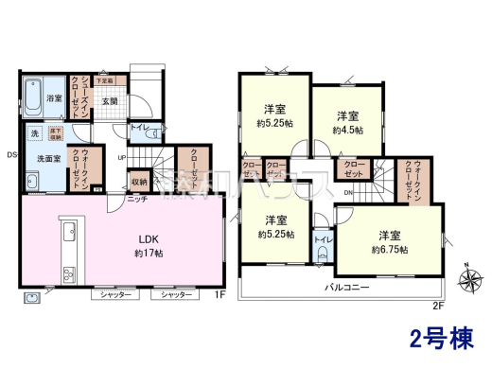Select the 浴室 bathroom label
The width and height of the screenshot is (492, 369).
pos(55,97)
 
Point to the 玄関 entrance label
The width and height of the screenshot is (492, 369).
pos(110,101)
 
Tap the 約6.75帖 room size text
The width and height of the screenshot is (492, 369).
pos(390,249)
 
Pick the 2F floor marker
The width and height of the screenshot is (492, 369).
pos(437,304)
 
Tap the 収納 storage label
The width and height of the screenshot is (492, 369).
pos(139,181)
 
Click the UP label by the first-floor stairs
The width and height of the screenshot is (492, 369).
pos(122,157)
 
